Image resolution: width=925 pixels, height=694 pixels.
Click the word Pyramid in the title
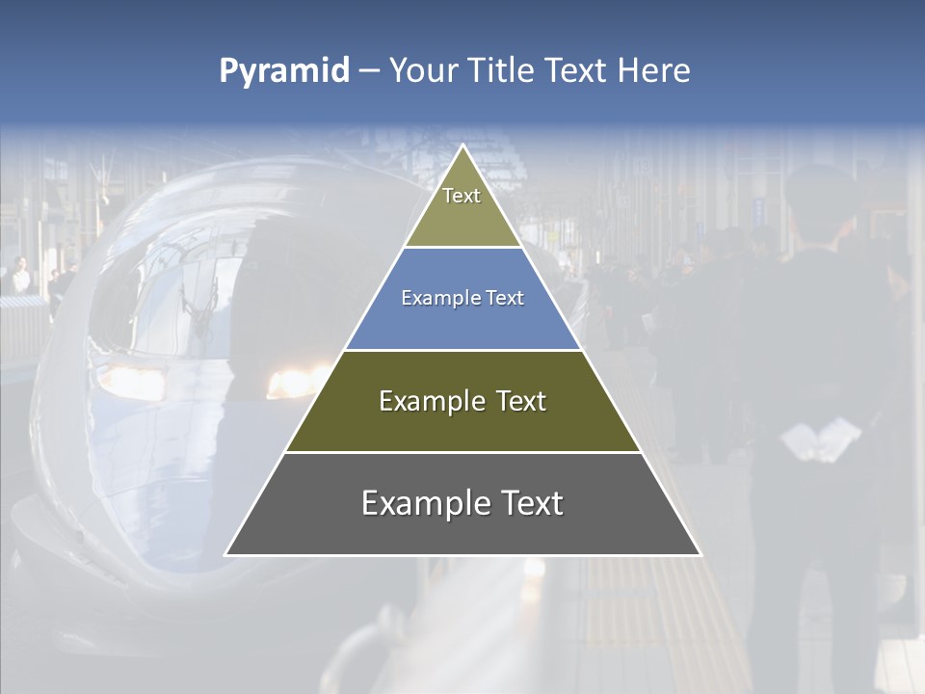click(x=284, y=70)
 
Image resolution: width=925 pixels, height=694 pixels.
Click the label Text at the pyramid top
click(x=462, y=196)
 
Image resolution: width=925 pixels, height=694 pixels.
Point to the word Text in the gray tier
click(x=529, y=503)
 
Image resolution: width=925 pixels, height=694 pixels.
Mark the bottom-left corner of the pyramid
click(x=225, y=555)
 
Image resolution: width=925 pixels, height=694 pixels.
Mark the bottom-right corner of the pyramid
click(x=700, y=555)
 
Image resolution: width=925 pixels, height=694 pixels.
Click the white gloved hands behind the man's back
click(x=820, y=439)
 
